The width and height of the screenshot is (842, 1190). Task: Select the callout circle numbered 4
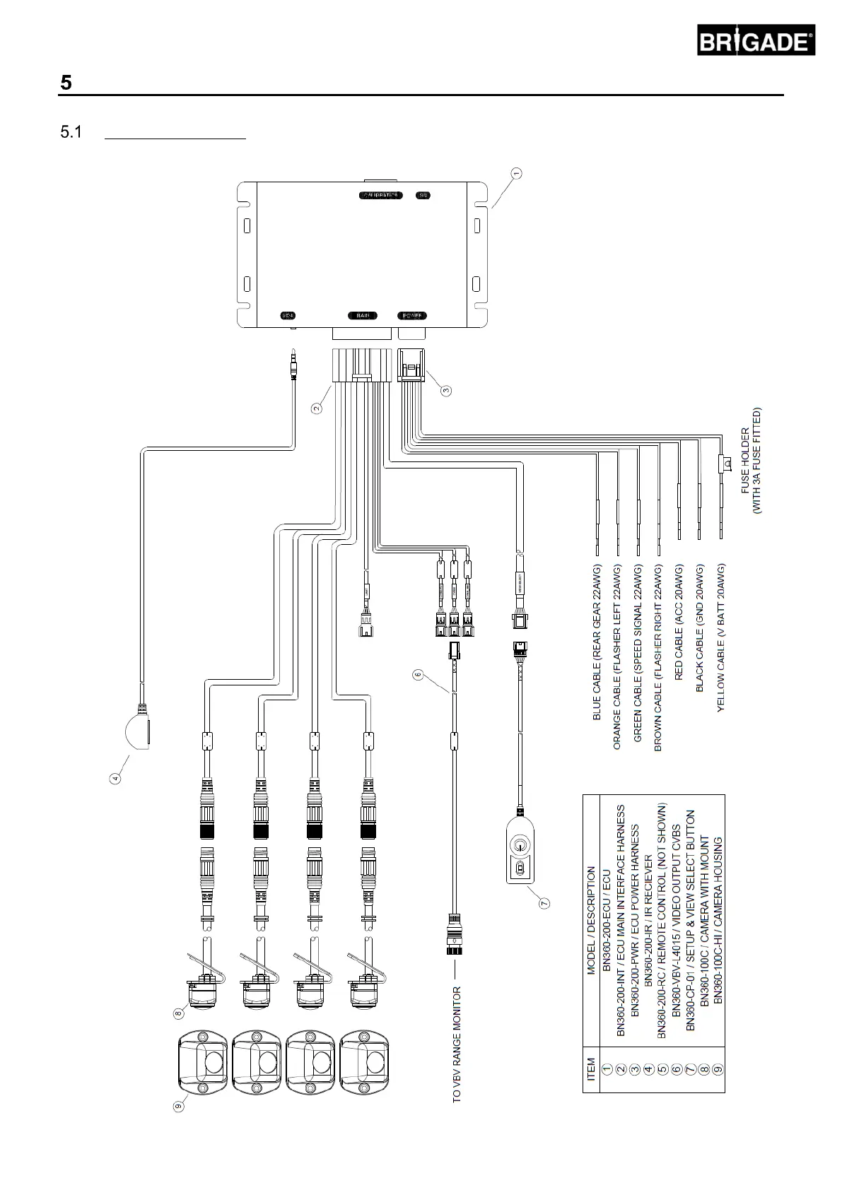point(115,779)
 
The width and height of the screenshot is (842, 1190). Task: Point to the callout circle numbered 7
point(544,902)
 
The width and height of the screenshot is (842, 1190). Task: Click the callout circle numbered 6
point(418,676)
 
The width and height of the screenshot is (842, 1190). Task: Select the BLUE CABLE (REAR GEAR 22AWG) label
point(597,642)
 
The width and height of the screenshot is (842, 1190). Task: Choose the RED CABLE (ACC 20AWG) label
point(679,623)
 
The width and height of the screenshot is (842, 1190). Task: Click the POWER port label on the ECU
point(412,316)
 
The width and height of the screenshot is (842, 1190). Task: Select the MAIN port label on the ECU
point(363,316)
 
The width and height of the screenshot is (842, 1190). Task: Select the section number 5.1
point(71,132)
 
